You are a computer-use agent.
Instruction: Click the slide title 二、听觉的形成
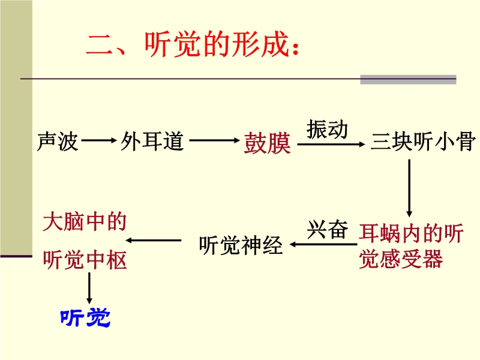pos(191,45)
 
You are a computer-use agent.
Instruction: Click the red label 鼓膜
pos(267,143)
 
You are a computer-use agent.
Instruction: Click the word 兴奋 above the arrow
pos(328,230)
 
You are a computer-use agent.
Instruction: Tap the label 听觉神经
pos(240,244)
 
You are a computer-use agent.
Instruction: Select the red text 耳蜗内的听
pos(411,233)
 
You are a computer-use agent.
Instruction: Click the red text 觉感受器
pos(401,259)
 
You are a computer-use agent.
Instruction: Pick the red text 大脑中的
pos(85,223)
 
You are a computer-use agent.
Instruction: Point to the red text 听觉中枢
pos(85,260)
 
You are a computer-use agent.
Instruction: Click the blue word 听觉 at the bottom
pos(85,318)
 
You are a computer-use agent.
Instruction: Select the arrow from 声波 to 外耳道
pos(99,142)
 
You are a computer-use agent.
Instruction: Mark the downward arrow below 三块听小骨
pos(410,188)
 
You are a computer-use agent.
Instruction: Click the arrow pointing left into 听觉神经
pos(322,244)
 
